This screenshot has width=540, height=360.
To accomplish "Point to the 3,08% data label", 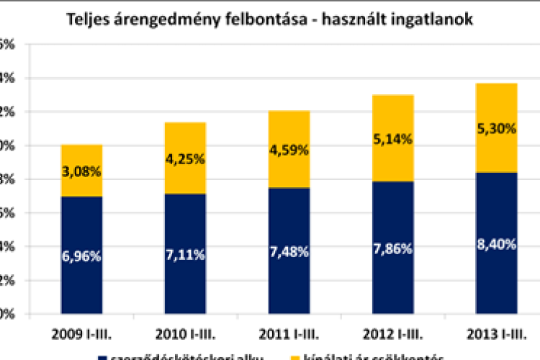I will click(x=81, y=172).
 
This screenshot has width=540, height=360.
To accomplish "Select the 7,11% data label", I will click(x=185, y=253).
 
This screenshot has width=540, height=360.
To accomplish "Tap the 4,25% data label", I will click(x=185, y=159).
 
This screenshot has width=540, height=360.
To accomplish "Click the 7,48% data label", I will click(x=289, y=251).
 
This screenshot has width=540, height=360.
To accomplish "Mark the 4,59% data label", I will click(x=289, y=150).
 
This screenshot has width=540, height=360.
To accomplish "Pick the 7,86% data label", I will click(x=392, y=248).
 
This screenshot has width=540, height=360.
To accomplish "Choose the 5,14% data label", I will click(x=392, y=140).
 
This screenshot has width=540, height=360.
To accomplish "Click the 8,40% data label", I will click(x=496, y=245).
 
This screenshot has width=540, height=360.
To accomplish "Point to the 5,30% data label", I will click(x=496, y=129).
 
